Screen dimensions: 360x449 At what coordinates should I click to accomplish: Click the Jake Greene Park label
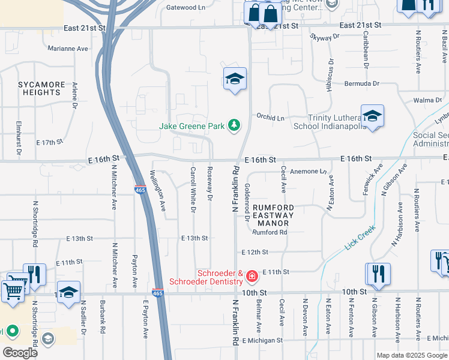[x=191, y=126]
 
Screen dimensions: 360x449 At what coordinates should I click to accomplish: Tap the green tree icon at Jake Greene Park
[x=234, y=125]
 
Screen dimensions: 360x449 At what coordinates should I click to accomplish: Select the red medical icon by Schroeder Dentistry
[x=252, y=276]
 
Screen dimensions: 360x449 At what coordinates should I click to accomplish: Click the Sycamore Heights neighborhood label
[x=40, y=89]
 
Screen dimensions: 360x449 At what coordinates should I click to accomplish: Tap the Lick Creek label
[x=360, y=238]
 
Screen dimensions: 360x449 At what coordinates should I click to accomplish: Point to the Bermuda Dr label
[x=362, y=83]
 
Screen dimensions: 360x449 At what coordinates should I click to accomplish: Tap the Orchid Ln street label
[x=270, y=117]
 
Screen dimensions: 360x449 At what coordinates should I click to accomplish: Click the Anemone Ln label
[x=307, y=172]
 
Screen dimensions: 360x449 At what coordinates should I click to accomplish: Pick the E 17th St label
[x=50, y=143]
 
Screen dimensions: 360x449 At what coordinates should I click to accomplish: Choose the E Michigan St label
[x=262, y=340]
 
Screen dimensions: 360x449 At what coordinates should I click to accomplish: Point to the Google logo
[x=20, y=353]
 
